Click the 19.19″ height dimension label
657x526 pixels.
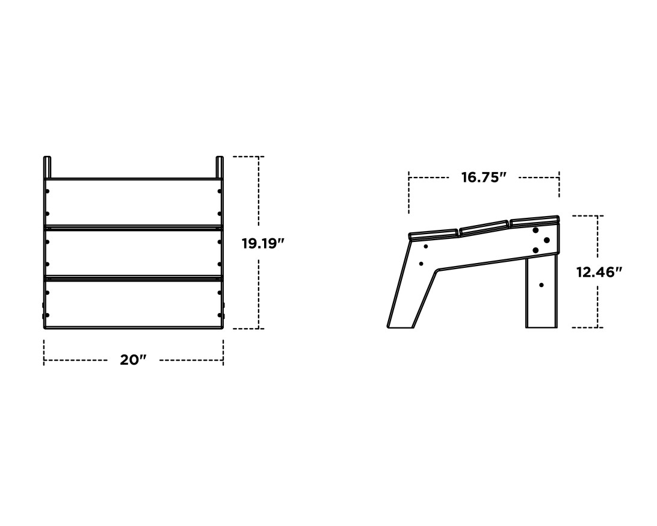(x=262, y=244)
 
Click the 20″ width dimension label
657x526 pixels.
(x=133, y=360)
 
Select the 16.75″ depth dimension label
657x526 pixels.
(x=483, y=178)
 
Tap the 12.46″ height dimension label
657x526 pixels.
(x=599, y=272)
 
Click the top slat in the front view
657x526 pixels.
(x=133, y=202)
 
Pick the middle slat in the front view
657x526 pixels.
(x=133, y=253)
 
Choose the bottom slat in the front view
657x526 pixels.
(x=133, y=303)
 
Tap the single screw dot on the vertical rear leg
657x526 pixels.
(x=541, y=285)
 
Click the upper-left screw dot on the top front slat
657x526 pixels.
(x=48, y=191)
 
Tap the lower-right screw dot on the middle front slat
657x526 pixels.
(x=219, y=264)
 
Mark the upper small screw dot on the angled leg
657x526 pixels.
(x=426, y=246)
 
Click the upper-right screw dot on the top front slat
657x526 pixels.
(x=219, y=191)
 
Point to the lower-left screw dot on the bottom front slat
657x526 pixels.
(x=48, y=315)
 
